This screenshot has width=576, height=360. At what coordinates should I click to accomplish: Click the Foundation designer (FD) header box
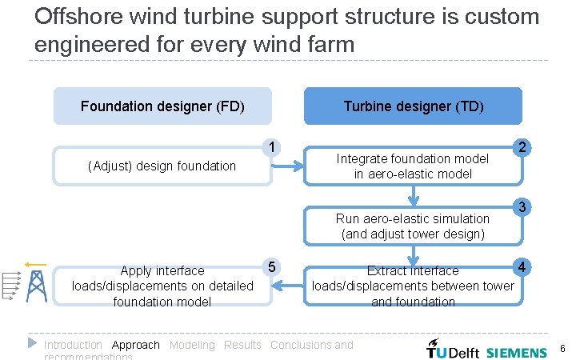click(162, 106)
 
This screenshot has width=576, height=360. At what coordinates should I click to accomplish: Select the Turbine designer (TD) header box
click(413, 106)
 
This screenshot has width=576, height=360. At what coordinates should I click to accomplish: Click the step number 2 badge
click(522, 147)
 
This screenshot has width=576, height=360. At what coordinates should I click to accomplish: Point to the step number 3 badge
click(522, 207)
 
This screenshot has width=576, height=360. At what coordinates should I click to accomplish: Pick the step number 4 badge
click(522, 266)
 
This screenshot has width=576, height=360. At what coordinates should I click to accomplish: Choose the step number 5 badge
click(273, 266)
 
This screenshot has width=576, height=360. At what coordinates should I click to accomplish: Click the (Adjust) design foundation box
click(162, 166)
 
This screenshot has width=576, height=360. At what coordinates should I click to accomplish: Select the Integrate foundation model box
click(413, 166)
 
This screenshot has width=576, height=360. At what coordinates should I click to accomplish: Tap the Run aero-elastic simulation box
click(413, 226)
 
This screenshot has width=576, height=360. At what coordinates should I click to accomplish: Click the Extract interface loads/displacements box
click(413, 286)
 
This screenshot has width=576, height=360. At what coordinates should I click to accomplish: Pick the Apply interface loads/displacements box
click(162, 286)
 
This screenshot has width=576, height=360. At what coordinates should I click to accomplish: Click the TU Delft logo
click(453, 350)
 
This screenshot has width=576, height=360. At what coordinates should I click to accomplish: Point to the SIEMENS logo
click(517, 351)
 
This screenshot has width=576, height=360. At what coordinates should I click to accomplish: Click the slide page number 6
click(562, 349)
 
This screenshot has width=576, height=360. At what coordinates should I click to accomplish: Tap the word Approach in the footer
click(136, 345)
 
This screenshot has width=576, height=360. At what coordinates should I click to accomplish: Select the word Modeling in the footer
click(192, 345)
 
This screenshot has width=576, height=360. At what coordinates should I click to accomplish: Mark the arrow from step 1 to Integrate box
click(290, 166)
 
